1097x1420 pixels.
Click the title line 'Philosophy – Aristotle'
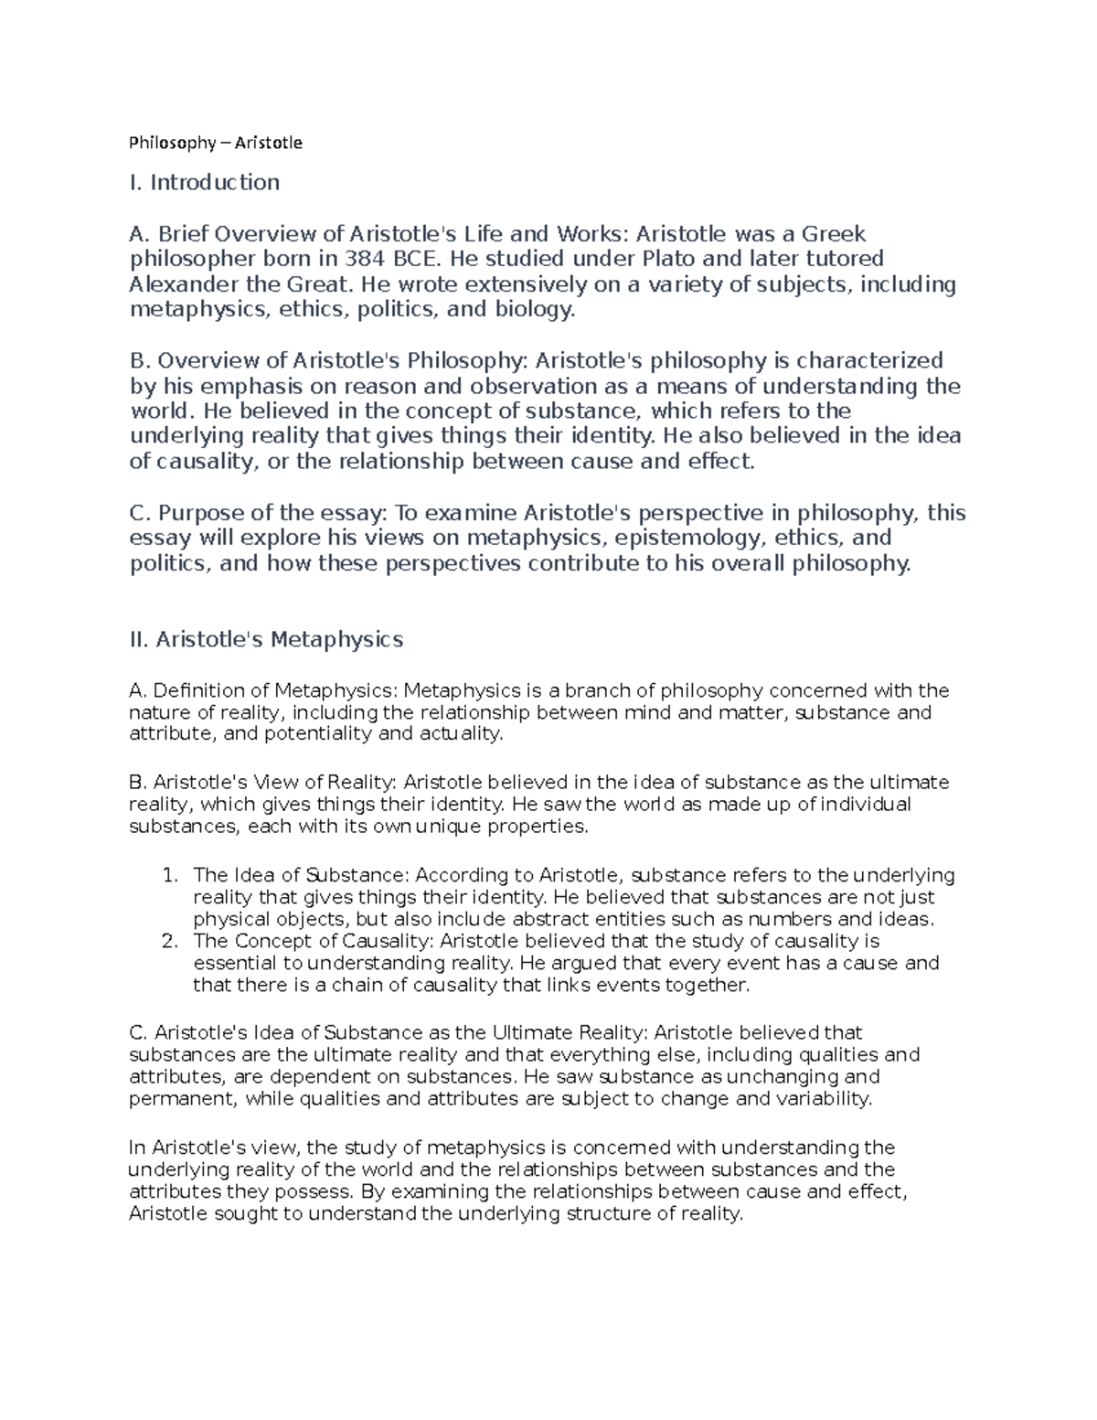[216, 143]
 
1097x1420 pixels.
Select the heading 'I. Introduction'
[205, 182]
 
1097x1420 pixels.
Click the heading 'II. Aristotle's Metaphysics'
[266, 639]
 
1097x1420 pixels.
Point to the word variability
[824, 1098]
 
